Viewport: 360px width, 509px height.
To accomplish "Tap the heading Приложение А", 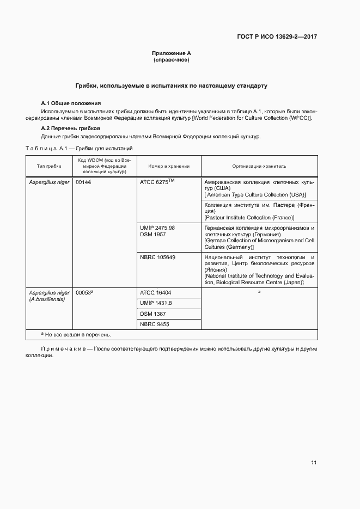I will [x=172, y=53].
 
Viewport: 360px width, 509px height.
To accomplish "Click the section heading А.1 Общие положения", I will [x=71, y=103].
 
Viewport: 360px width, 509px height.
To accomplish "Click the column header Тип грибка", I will [x=49, y=166].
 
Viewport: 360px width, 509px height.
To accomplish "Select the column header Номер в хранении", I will [x=169, y=166].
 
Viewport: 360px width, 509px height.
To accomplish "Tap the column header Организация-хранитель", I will [x=259, y=166].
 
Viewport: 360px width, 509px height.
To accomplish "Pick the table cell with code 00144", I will [x=83, y=182].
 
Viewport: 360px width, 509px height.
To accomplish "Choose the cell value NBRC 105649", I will [x=157, y=257].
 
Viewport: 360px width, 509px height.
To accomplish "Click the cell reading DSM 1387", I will [x=152, y=314].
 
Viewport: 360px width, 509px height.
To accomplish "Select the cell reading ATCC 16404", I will [x=155, y=292].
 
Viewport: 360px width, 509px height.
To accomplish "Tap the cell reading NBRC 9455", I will [x=154, y=324].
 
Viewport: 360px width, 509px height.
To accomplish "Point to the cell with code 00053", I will [x=84, y=292].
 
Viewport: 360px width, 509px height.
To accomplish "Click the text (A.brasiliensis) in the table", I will [x=46, y=299].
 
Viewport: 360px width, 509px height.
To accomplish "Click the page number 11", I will [x=314, y=463].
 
